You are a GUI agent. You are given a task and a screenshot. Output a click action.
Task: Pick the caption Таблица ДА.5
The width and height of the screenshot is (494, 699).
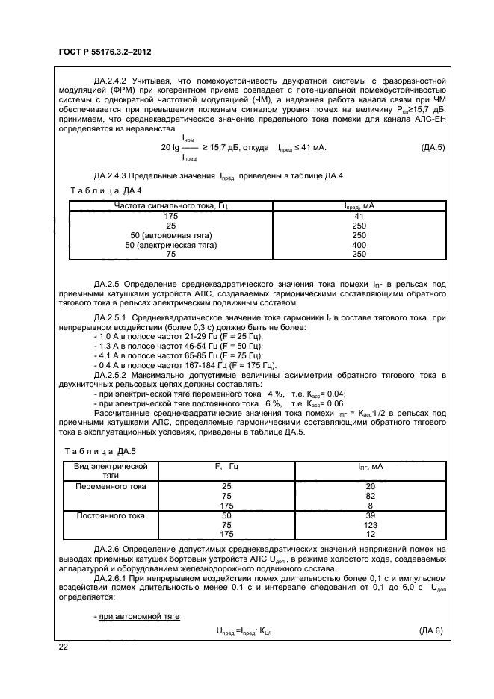(x=99, y=451)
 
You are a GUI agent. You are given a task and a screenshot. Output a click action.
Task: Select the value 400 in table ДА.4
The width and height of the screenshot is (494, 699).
(x=359, y=244)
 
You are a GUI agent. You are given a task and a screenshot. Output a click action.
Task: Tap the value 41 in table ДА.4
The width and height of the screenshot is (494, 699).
(x=359, y=216)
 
